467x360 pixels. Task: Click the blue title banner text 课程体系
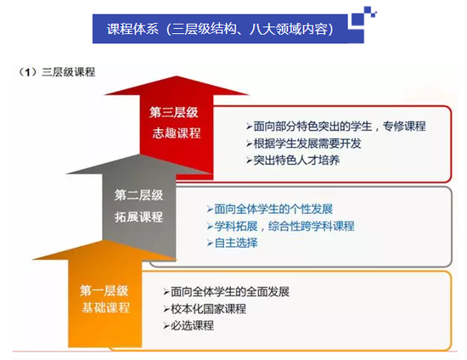132,29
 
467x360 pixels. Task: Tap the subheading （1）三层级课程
57,72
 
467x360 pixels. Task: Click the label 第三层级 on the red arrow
173,113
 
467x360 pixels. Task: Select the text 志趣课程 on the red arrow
177,132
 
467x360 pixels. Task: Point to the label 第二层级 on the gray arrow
138,195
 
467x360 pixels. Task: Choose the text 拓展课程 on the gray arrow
138,217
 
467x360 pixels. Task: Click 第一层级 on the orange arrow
104,290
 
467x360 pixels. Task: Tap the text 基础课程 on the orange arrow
106,307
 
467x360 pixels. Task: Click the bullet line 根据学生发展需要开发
303,143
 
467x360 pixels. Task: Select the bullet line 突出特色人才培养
293,160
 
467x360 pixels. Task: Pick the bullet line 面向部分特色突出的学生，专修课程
336,127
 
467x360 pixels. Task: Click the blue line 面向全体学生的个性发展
269,209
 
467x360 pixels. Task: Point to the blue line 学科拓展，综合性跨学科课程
280,226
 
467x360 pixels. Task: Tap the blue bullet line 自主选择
232,243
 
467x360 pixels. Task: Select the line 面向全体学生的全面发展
226,291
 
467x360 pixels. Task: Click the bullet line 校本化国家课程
205,308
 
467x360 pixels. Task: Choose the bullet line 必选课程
188,325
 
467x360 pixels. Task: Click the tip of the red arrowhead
177,76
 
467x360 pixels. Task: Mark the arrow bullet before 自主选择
210,243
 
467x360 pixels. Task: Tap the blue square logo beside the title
363,18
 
